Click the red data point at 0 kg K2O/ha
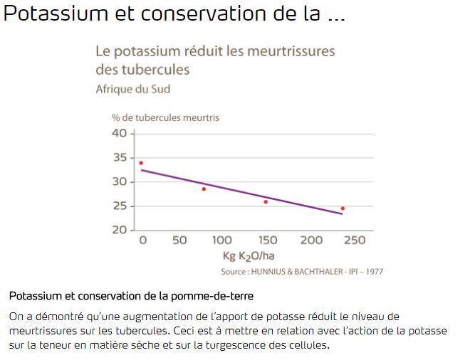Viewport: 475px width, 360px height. (141, 163)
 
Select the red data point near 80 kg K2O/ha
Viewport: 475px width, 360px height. (204, 189)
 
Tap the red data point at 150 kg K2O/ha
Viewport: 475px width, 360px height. (266, 202)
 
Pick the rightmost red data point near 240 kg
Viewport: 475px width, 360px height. (343, 208)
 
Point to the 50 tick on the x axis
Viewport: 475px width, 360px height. (179, 240)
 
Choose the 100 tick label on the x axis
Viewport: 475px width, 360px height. (221, 240)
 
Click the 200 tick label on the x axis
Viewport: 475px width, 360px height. (310, 240)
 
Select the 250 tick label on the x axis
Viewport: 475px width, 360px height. (354, 240)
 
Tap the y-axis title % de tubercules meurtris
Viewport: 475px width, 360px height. (165, 117)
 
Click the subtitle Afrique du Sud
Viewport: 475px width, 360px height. (132, 89)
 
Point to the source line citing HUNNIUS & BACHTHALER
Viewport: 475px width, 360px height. (302, 272)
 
